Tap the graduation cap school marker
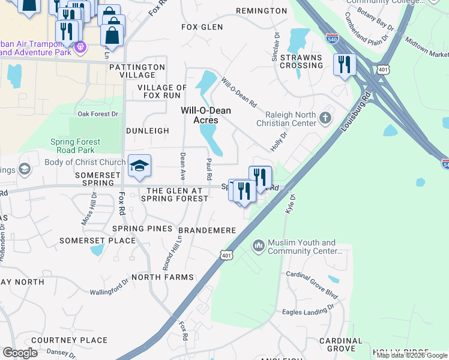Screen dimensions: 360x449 tap(139, 166)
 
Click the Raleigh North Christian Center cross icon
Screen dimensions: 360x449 tap(326, 117)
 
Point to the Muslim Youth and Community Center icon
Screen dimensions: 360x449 tap(259, 245)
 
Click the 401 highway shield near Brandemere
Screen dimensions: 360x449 tap(226, 255)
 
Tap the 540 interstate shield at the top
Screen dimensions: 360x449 tap(332, 38)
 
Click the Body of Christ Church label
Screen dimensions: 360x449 tap(85, 162)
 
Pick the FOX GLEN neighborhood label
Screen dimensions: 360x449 tap(202, 27)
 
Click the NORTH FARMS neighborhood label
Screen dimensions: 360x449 tap(163, 277)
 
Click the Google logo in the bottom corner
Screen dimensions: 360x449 tap(20, 353)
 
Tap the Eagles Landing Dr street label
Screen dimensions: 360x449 tap(308, 311)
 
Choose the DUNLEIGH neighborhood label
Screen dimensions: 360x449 tap(148, 130)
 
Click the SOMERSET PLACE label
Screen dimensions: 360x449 tap(97, 241)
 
